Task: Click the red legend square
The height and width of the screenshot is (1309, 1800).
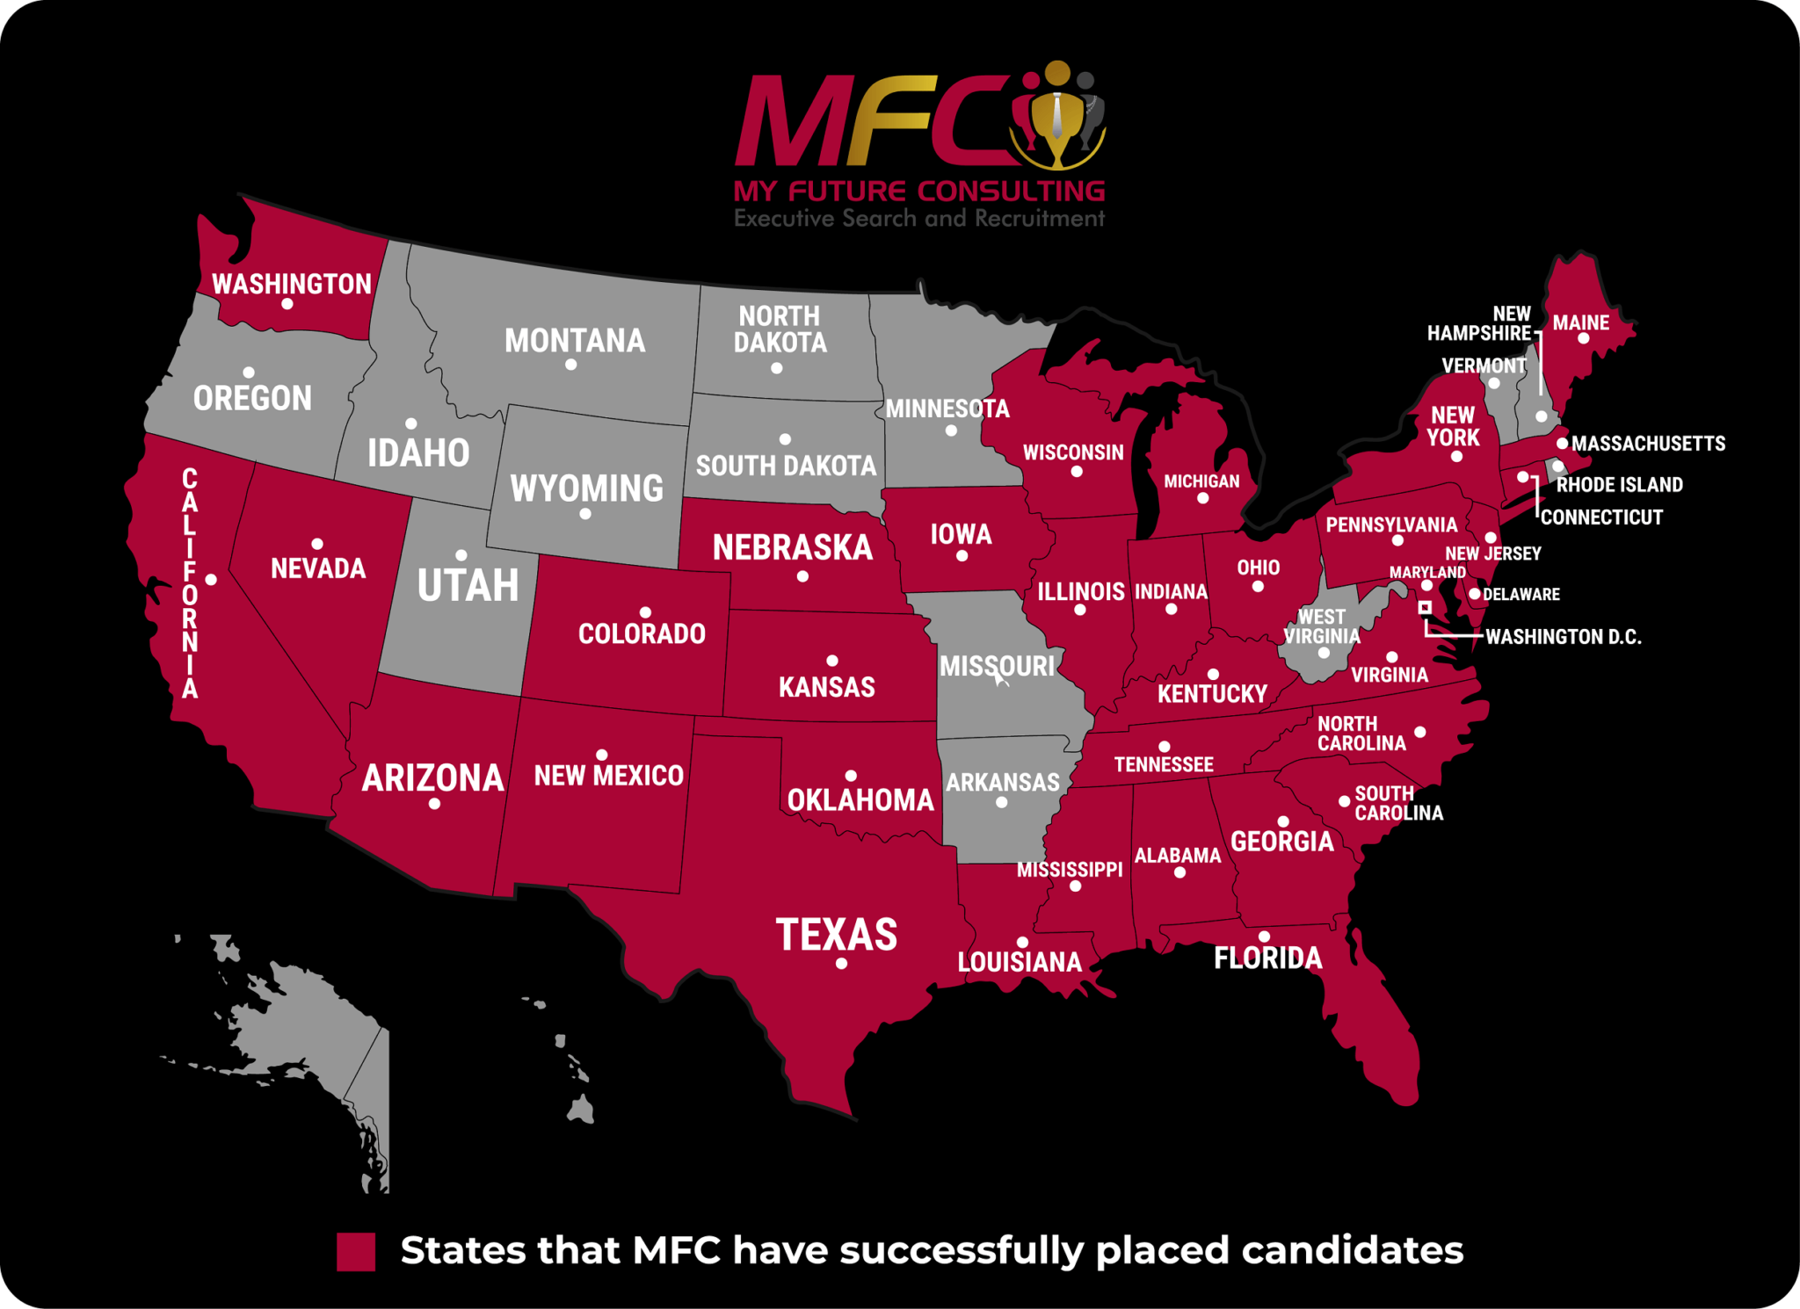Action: coord(356,1252)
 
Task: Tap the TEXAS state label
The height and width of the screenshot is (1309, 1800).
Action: coord(836,934)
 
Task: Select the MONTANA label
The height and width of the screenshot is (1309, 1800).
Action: coord(575,341)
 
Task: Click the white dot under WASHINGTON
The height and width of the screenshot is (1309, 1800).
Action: coord(287,304)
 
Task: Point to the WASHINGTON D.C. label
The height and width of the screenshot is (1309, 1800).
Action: coord(1563,637)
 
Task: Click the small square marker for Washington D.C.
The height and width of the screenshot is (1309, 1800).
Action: coord(1425,607)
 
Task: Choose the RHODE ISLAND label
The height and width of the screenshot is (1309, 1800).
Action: coord(1619,485)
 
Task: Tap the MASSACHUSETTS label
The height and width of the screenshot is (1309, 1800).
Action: coord(1648,444)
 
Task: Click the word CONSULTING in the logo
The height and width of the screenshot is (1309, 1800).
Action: coord(1011,191)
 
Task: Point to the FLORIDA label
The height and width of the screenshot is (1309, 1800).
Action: coord(1267,958)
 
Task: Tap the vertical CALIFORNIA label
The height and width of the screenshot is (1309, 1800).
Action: coord(190,584)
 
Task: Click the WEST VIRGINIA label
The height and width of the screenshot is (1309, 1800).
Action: coord(1321,626)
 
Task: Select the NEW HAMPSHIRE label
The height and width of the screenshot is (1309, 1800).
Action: coord(1480,323)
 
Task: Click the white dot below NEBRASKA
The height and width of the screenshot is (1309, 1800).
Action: coord(802,577)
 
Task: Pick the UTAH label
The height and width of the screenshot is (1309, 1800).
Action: coord(468,585)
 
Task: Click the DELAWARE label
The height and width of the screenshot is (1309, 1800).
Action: coord(1521,595)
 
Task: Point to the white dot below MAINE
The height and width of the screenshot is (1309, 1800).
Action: coord(1583,338)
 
